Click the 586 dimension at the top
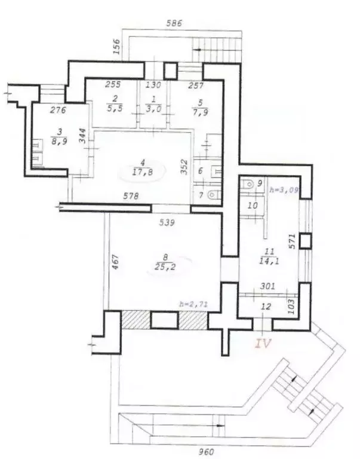(174, 23)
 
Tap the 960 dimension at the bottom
(206, 452)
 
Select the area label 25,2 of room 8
(165, 267)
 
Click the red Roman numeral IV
(263, 343)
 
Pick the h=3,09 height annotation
(284, 189)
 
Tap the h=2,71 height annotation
(193, 304)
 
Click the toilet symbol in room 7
(214, 194)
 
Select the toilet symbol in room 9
(248, 184)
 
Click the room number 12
(266, 307)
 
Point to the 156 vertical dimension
(116, 46)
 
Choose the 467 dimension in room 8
(115, 262)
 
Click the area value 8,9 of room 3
(59, 141)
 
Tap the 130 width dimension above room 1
(153, 85)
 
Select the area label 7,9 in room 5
(201, 112)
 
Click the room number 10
(253, 205)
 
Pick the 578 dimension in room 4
(131, 195)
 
